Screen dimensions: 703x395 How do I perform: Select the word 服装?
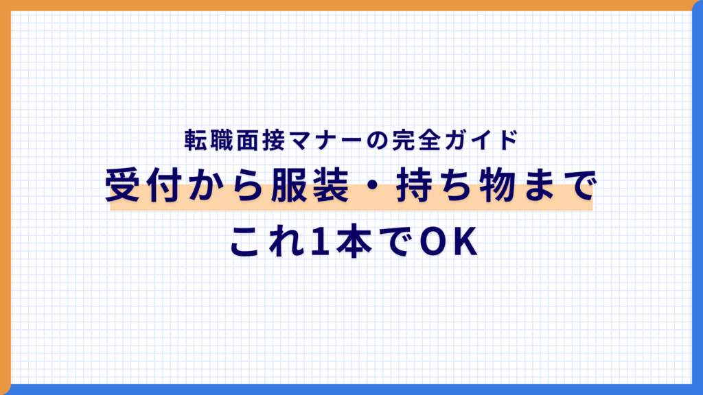pos(310,185)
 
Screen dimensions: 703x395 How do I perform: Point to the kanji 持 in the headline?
pos(414,185)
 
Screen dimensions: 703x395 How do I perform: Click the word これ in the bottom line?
pos(267,241)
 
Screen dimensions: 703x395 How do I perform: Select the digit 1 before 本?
pos(321,242)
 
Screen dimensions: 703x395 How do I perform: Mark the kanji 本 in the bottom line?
pos(354,241)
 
